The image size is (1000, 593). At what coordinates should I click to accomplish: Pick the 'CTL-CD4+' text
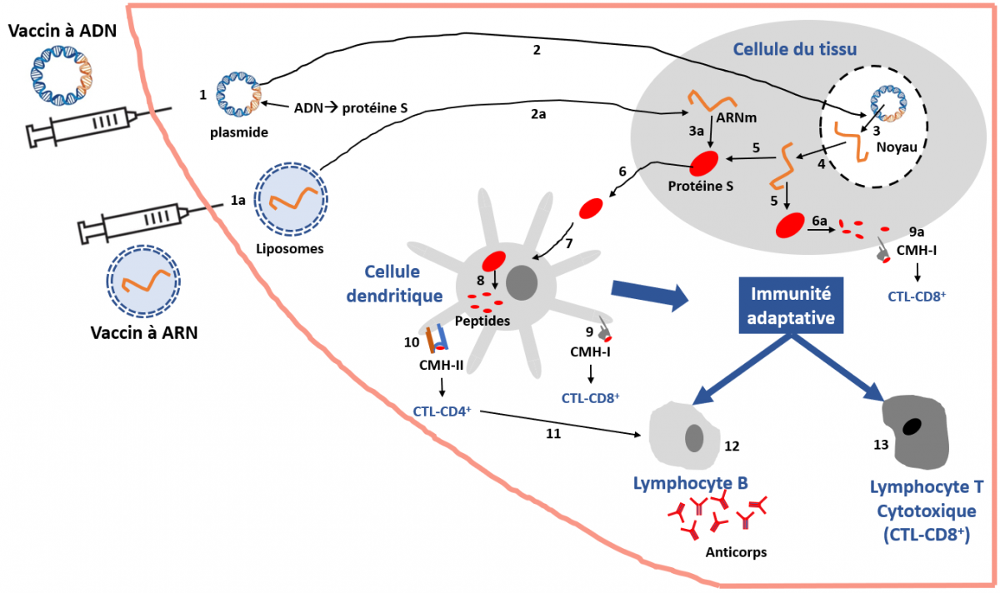(442, 411)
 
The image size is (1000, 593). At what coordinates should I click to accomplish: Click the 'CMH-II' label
(442, 364)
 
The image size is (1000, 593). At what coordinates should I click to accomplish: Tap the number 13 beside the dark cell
(879, 445)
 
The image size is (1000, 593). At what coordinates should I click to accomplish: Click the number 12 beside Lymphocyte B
(732, 446)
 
